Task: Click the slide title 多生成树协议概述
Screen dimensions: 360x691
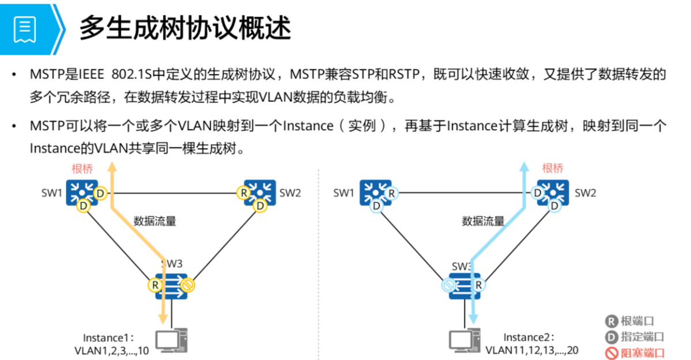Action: (185, 28)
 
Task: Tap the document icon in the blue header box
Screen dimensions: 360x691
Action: (25, 28)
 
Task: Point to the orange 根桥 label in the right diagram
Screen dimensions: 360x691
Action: (553, 168)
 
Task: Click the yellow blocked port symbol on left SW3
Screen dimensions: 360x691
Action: (188, 285)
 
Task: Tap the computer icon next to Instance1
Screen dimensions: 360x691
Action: (172, 339)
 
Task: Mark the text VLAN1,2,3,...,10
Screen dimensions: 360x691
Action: (111, 350)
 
